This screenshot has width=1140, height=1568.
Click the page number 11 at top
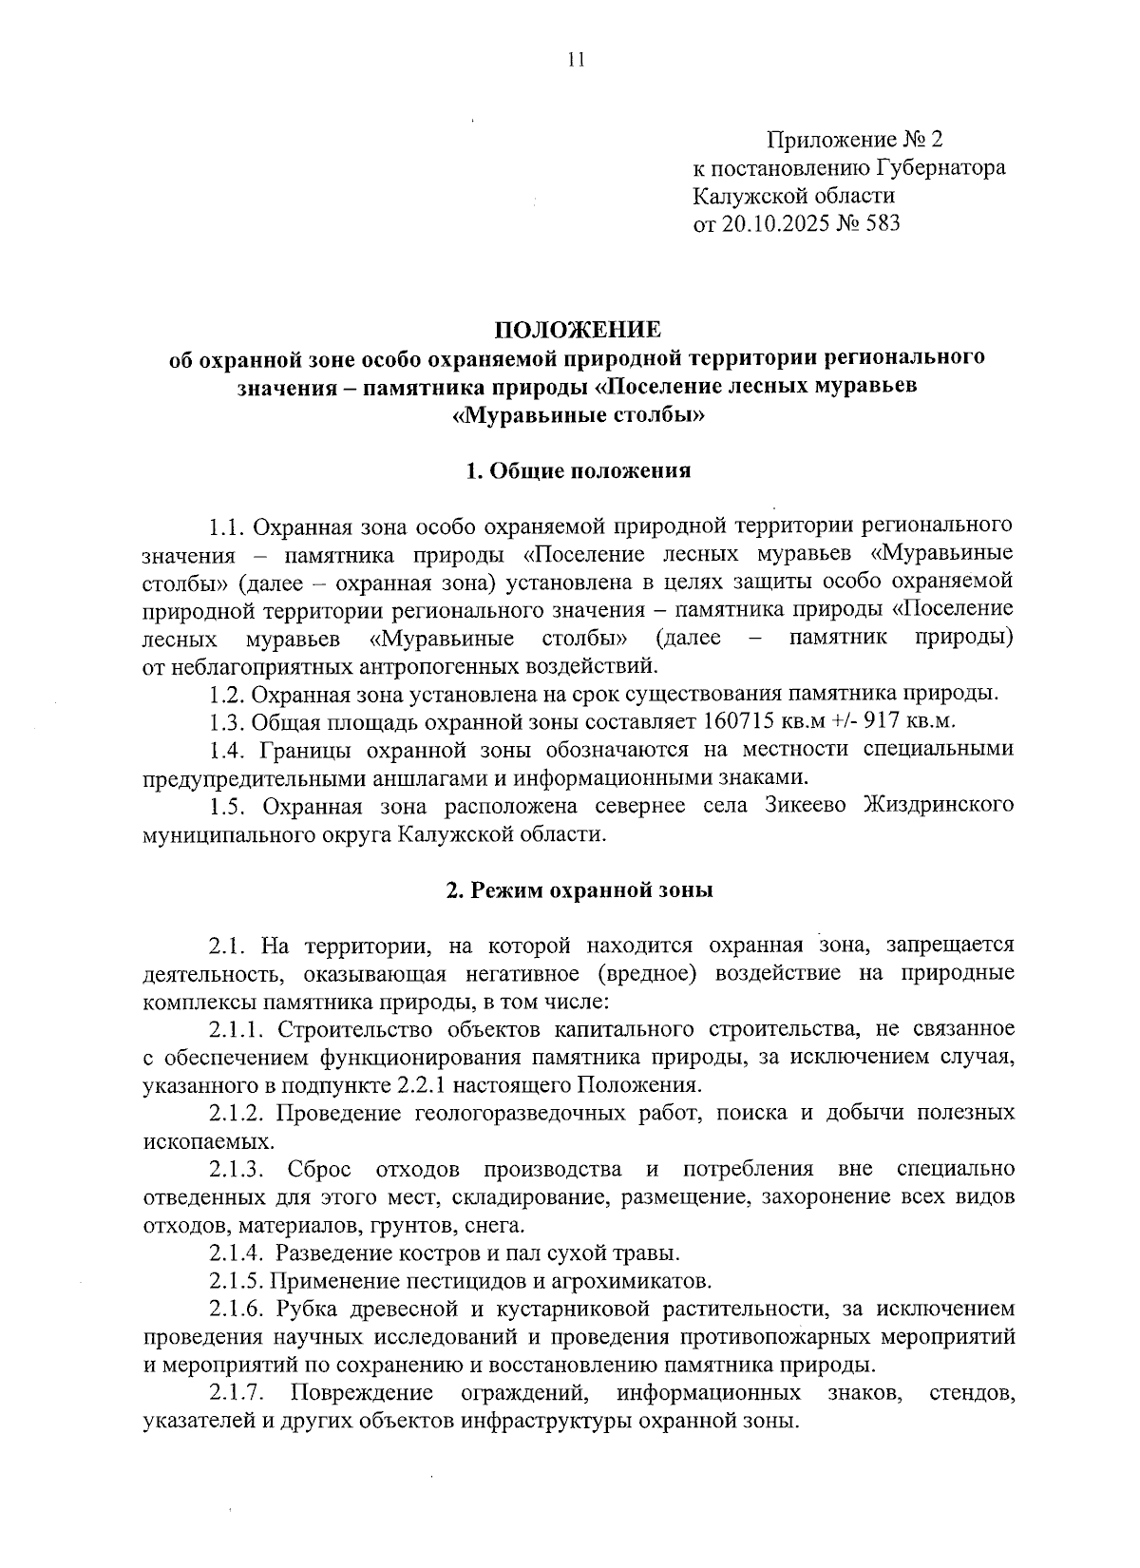coord(576,60)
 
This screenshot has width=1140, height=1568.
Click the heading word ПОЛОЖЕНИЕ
coord(577,331)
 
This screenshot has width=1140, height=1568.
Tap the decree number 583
coord(883,224)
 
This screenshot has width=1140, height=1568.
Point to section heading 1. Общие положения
coord(578,470)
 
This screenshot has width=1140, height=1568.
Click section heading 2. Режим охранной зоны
coord(579,890)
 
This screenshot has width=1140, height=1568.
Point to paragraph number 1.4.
coord(229,749)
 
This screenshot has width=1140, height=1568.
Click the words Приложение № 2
coord(856,141)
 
